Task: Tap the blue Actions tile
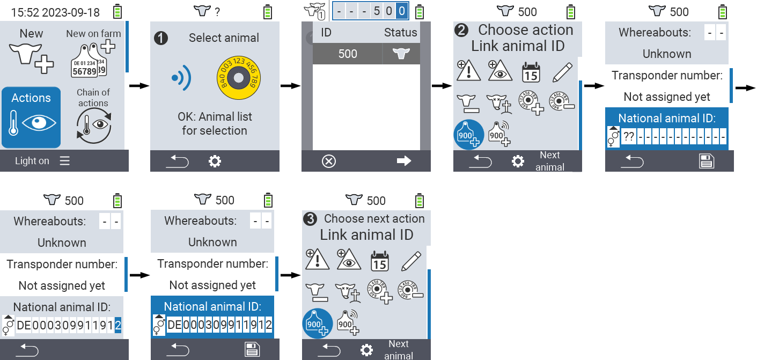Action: click(31, 117)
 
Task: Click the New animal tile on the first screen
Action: click(31, 51)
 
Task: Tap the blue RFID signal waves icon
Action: click(181, 78)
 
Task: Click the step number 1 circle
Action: click(160, 38)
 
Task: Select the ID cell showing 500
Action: click(347, 54)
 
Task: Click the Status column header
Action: click(400, 32)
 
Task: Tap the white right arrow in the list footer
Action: click(403, 161)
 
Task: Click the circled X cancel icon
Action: click(328, 161)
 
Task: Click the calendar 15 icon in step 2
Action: click(531, 72)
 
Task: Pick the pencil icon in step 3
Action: click(410, 261)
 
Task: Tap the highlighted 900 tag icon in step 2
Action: click(469, 134)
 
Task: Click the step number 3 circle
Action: click(310, 219)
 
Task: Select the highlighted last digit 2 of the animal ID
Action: click(118, 325)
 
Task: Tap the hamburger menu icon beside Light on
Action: click(65, 161)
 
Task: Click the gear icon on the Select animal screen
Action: click(215, 161)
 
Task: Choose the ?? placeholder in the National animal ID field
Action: click(628, 136)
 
